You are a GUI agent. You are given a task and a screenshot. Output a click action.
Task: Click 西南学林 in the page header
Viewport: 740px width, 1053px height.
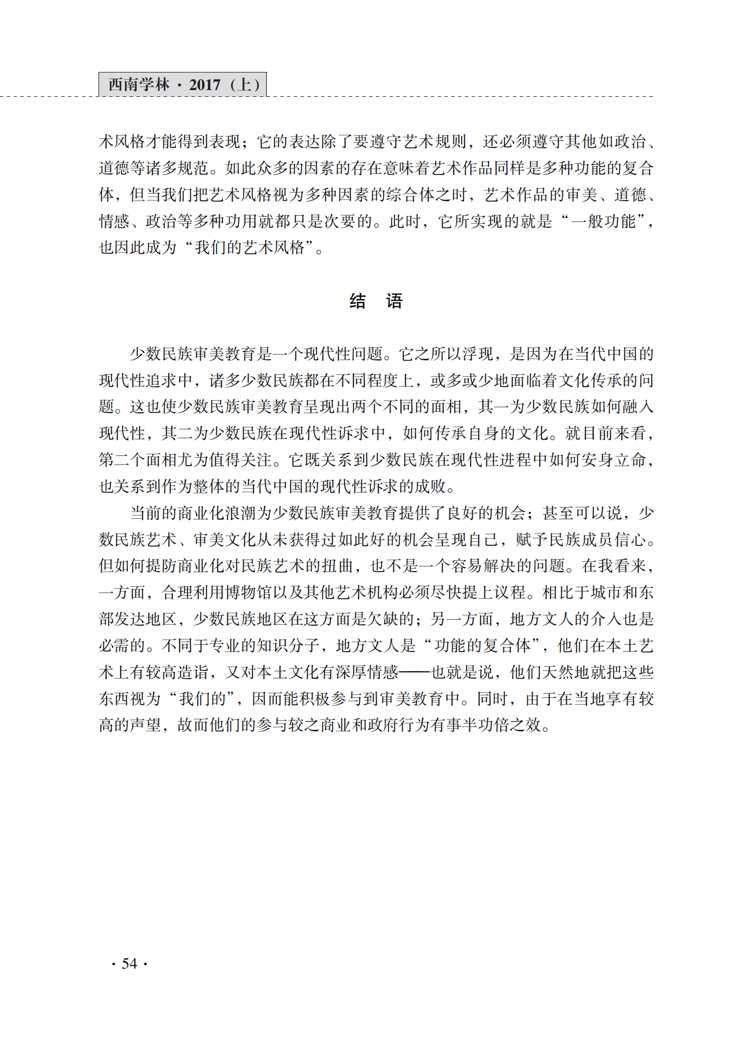pos(138,85)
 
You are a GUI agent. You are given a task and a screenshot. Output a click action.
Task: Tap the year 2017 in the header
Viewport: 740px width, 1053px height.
pos(204,85)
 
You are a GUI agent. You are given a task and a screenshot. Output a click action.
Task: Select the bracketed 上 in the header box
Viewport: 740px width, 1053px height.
pos(246,85)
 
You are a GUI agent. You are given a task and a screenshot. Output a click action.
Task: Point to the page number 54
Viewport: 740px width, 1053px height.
pos(130,964)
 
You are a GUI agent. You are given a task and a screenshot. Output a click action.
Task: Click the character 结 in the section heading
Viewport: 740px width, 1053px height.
pos(357,301)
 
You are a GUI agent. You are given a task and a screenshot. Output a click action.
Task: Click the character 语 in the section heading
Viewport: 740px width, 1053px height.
pos(395,301)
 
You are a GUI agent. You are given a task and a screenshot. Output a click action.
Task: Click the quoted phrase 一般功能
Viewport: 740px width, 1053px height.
pos(604,221)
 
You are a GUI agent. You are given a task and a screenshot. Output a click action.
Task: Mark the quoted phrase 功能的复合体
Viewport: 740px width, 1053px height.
pos(483,646)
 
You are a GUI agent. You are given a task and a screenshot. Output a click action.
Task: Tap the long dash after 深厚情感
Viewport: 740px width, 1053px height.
pos(415,673)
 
